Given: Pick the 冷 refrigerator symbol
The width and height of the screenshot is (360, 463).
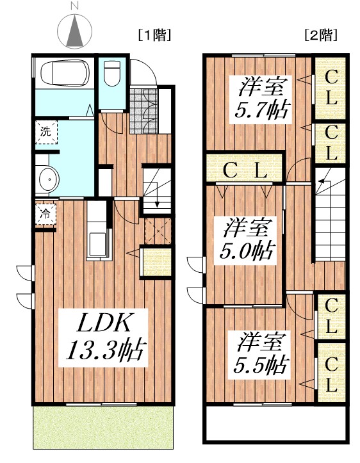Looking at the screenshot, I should point(45,214).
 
